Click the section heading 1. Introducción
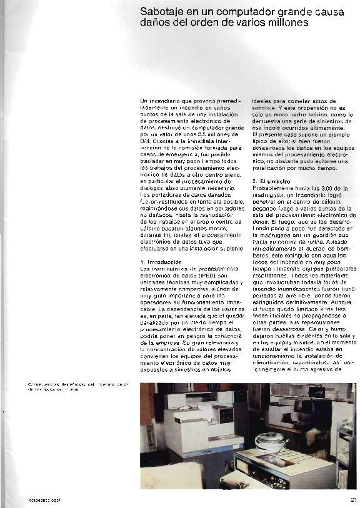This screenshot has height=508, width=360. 161,262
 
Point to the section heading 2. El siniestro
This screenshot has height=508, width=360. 274,181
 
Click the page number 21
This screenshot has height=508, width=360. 353,498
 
